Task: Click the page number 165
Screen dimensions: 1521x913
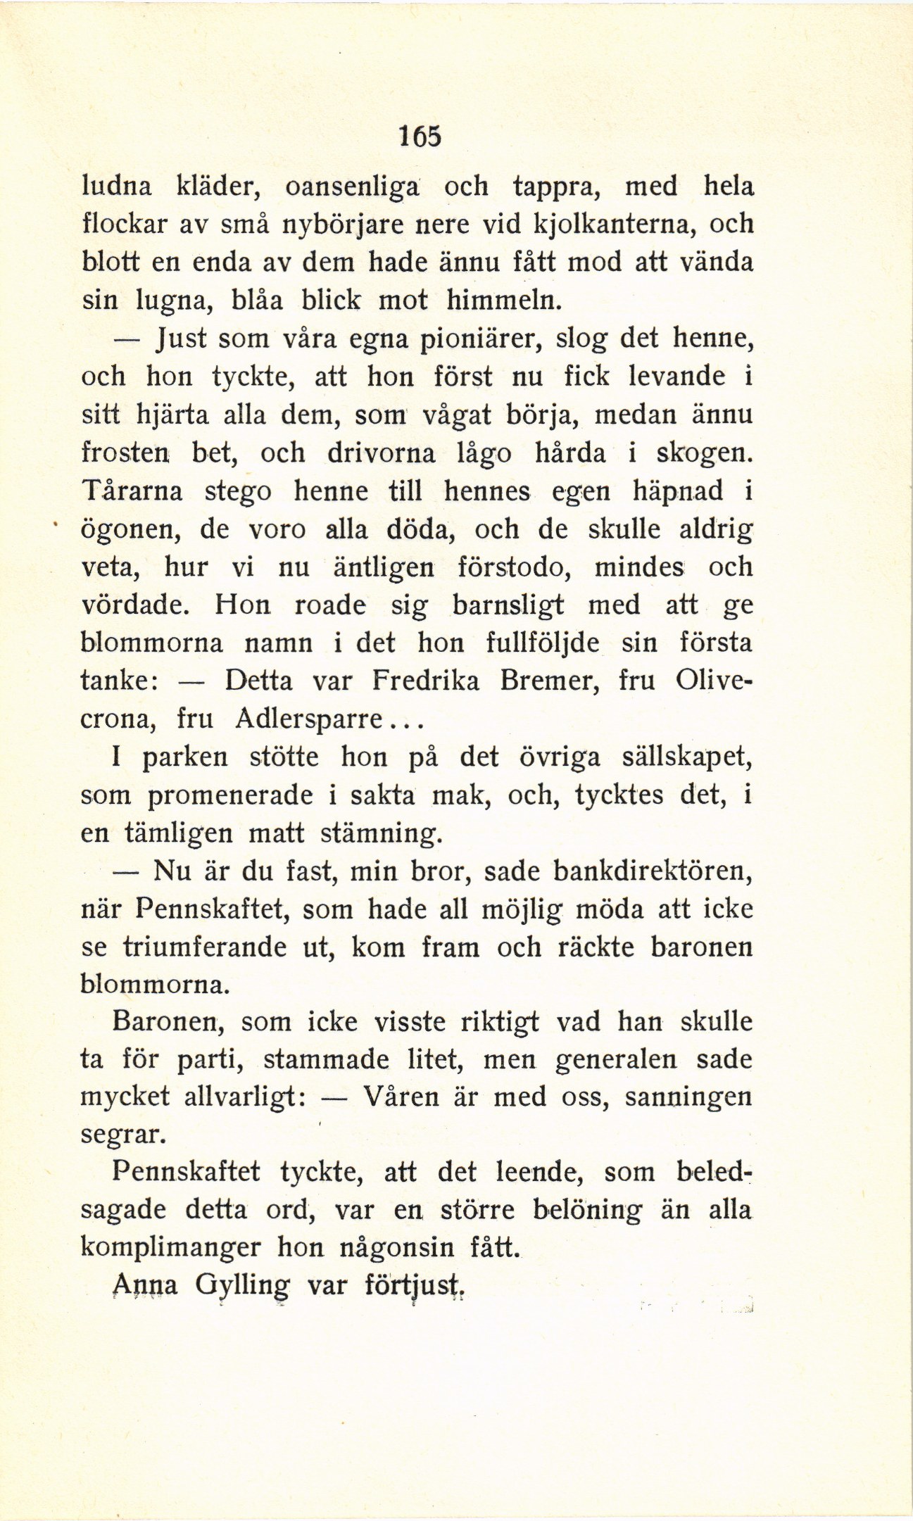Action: [x=420, y=135]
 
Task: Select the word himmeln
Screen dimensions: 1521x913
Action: [x=504, y=301]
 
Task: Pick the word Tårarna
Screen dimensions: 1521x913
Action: [x=132, y=491]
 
